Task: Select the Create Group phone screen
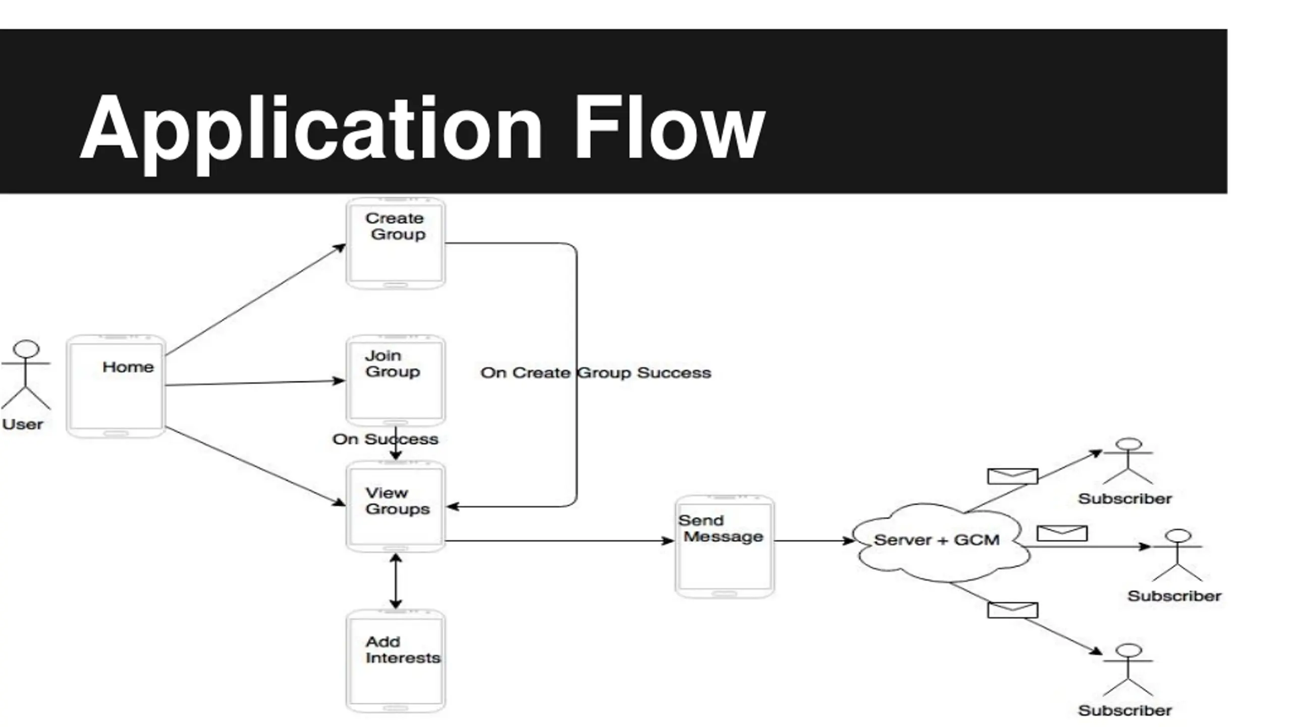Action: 396,244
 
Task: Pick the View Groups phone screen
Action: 396,506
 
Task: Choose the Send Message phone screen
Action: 725,546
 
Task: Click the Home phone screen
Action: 116,386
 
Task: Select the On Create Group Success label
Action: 596,373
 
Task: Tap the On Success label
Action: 385,439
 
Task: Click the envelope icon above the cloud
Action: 1012,476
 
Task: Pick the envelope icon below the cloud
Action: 1012,610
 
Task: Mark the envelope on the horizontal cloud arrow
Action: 1062,533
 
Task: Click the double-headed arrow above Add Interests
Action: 396,581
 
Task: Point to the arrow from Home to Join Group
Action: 255,383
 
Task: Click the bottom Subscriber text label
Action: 1124,711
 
